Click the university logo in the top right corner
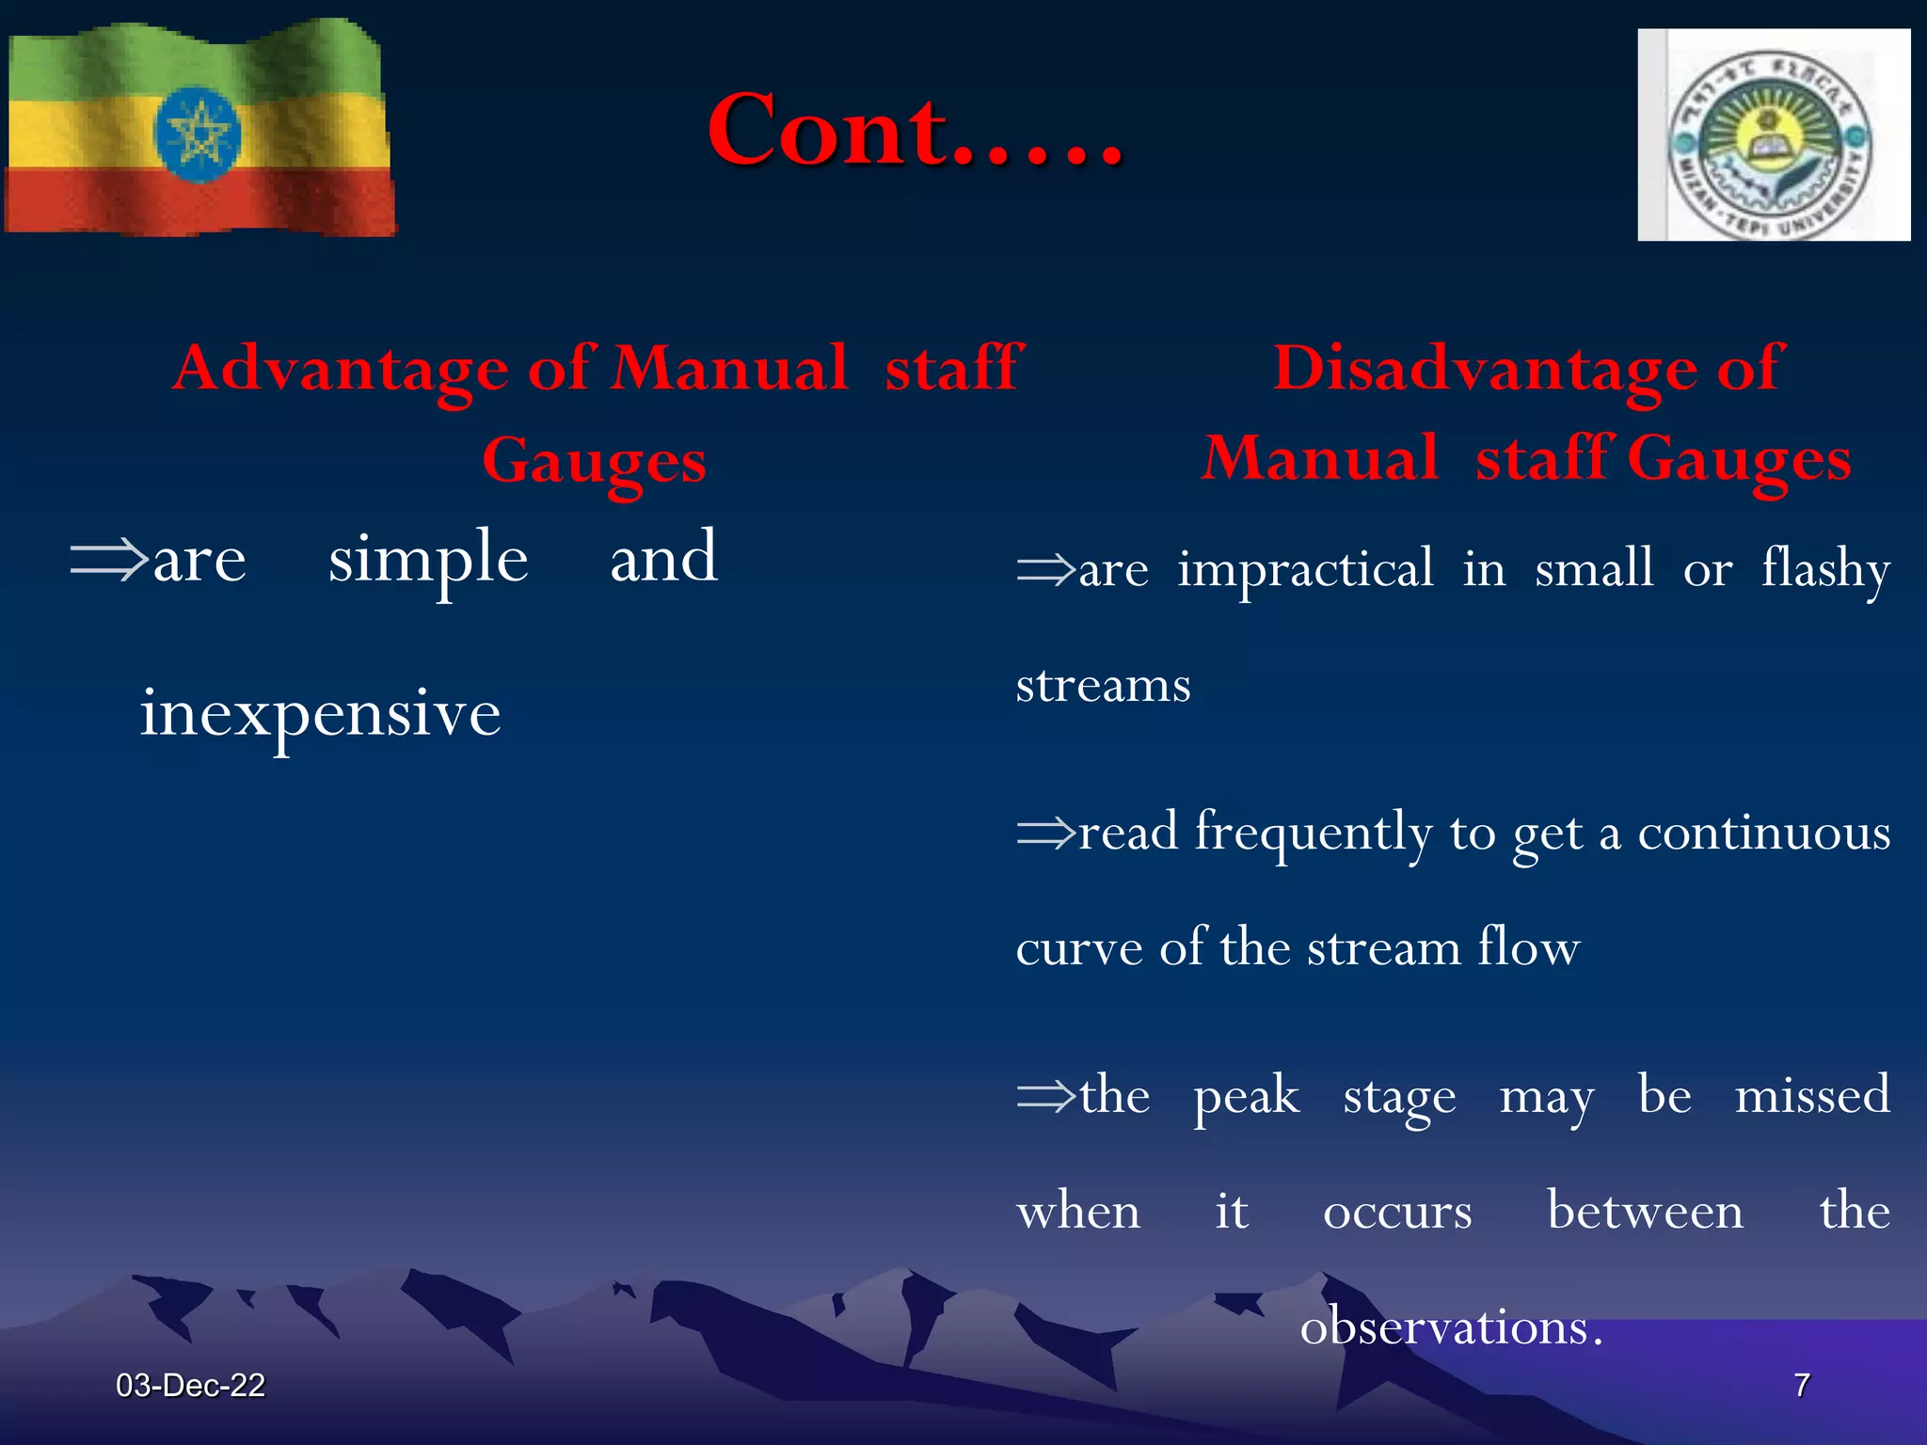pyautogui.click(x=1773, y=135)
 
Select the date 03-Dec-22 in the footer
pyautogui.click(x=190, y=1385)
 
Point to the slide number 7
pyautogui.click(x=1801, y=1385)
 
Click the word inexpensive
pyautogui.click(x=320, y=713)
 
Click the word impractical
pyautogui.click(x=1306, y=569)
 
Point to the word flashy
pyautogui.click(x=1825, y=569)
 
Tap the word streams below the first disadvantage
pyautogui.click(x=1103, y=685)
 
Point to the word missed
pyautogui.click(x=1812, y=1095)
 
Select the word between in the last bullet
pyautogui.click(x=1645, y=1211)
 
